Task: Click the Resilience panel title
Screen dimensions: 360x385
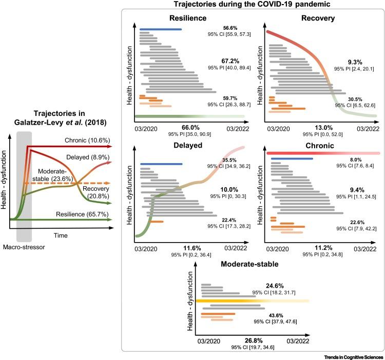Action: coord(170,18)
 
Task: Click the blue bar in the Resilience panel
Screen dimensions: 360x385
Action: coord(161,29)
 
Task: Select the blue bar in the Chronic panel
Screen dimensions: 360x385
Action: coord(292,159)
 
